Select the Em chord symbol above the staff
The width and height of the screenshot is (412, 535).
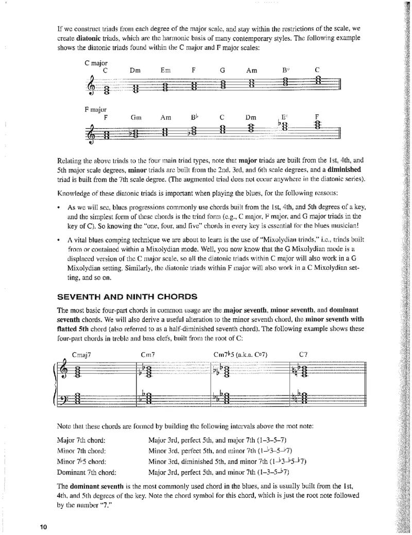click(165, 70)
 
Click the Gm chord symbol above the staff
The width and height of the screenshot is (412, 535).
click(136, 117)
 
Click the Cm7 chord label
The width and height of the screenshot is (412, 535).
click(148, 355)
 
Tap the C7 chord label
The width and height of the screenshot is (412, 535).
click(304, 355)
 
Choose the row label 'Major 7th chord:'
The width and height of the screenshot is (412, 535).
click(79, 440)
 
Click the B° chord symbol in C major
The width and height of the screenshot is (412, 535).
click(286, 70)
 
